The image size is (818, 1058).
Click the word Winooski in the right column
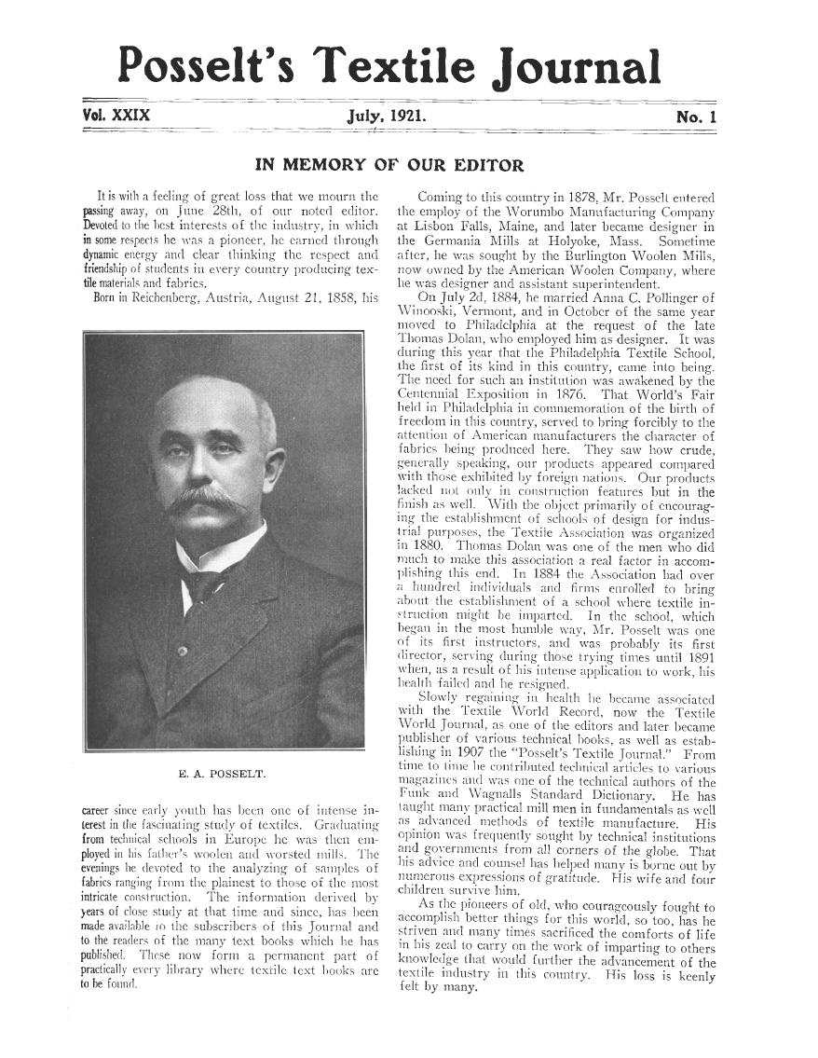415,309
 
